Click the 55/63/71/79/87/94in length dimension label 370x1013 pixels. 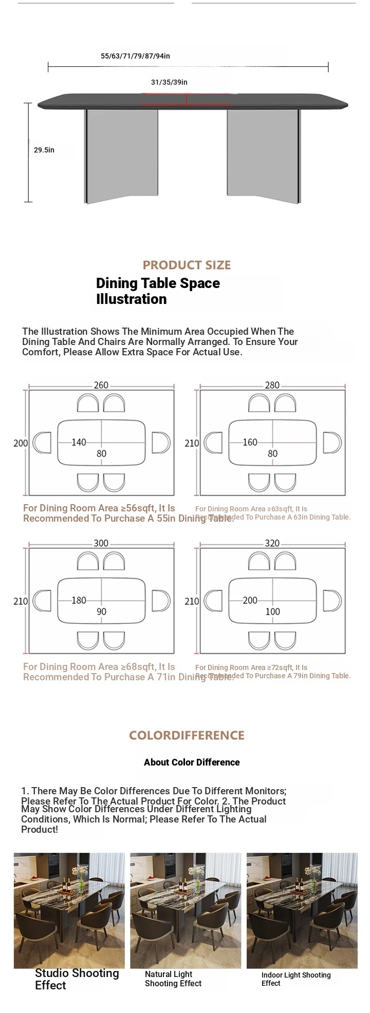tap(135, 56)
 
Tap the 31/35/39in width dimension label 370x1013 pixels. tap(169, 82)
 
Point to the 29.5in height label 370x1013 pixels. tap(44, 150)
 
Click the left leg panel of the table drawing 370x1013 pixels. tap(121, 154)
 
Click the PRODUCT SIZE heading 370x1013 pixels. tap(187, 265)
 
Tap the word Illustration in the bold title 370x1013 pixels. tap(132, 299)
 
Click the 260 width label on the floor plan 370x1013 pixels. tap(101, 385)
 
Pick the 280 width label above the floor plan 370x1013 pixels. tap(272, 385)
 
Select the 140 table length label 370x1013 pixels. tap(79, 442)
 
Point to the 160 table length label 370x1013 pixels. tap(250, 442)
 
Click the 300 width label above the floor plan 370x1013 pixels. tap(101, 543)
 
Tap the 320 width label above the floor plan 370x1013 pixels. tap(272, 543)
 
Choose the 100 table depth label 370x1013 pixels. tap(273, 611)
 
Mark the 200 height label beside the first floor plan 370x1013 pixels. tap(21, 443)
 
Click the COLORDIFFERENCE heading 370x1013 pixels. tap(187, 735)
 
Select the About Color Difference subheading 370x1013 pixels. tap(192, 762)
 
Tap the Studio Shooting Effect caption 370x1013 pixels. tap(77, 979)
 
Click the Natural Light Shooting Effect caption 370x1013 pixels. tap(173, 979)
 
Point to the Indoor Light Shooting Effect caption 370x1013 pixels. tap(296, 979)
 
